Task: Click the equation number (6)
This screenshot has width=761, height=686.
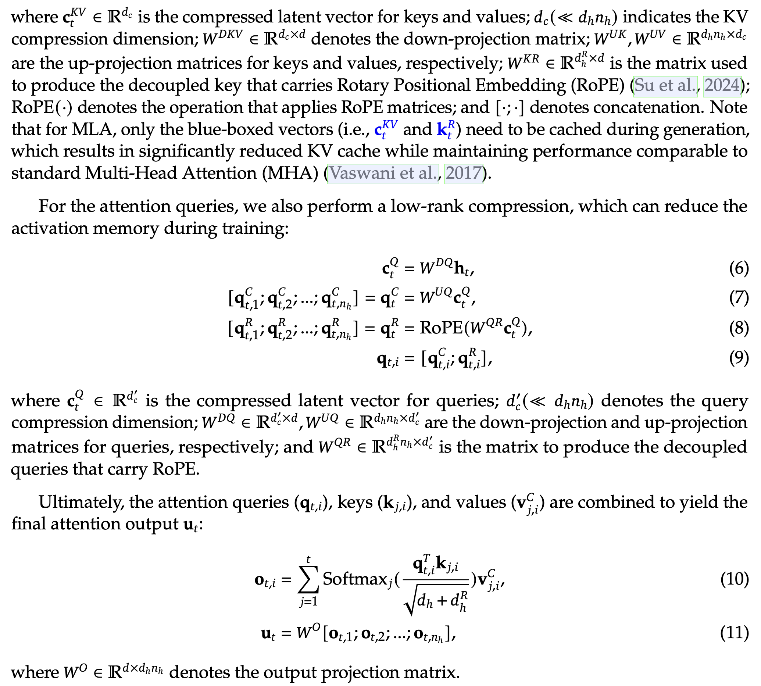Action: [x=738, y=268]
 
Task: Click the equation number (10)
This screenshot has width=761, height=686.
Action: [x=734, y=579]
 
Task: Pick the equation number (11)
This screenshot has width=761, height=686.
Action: [x=734, y=633]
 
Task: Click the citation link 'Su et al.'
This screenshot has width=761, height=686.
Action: [x=665, y=86]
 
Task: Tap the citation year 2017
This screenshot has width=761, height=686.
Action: [x=463, y=174]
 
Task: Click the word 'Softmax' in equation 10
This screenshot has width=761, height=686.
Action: [x=355, y=579]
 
